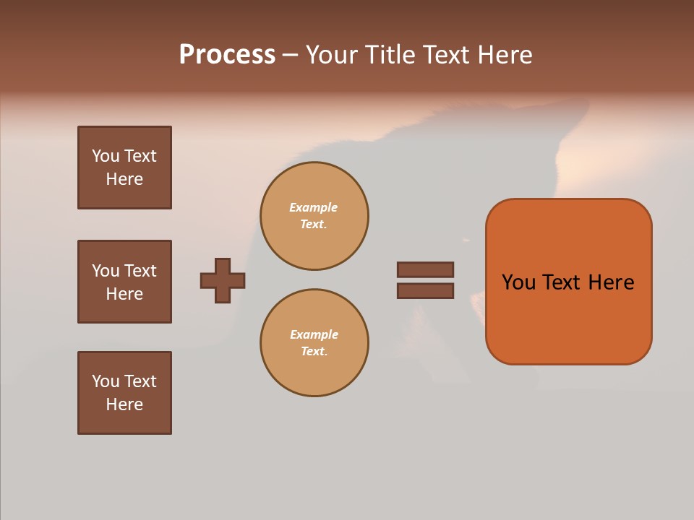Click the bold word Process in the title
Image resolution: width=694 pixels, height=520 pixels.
point(227,55)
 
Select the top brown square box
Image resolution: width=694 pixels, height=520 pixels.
point(124,168)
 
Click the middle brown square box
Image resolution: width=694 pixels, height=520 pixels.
point(124,282)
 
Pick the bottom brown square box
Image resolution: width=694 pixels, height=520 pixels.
point(124,393)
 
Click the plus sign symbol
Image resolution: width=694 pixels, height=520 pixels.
point(223,280)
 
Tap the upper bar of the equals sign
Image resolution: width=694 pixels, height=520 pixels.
point(425,269)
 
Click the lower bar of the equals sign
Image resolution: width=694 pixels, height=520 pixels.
point(425,290)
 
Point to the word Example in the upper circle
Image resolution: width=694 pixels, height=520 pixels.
point(314,207)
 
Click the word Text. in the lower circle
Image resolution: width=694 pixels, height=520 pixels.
point(314,351)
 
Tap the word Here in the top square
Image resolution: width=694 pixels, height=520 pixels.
point(124,179)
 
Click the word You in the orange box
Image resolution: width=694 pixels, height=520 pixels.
point(519,282)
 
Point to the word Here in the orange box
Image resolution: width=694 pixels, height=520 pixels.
point(611,282)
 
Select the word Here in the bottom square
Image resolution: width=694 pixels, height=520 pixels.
point(124,404)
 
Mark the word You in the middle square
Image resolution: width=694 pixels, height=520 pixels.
point(105,271)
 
